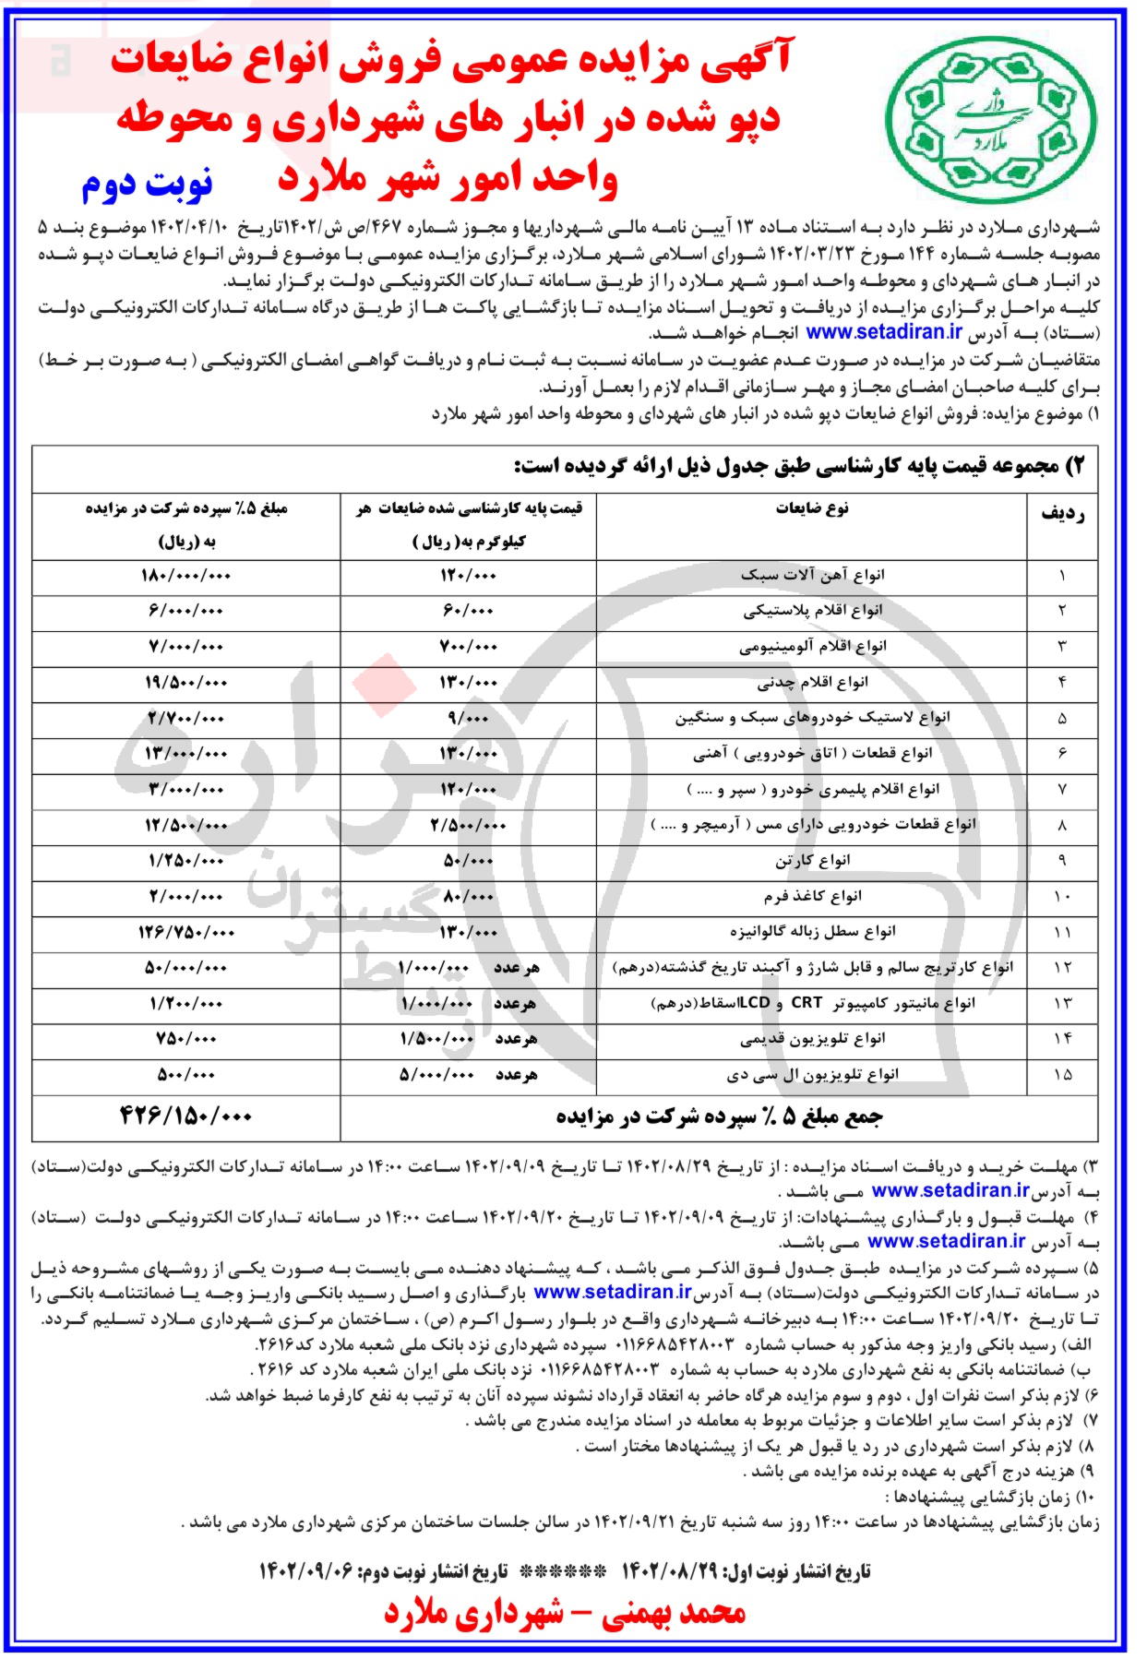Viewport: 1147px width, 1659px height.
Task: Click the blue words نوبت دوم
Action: coord(148,183)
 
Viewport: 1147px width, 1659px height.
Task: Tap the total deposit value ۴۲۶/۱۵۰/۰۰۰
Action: coord(185,1116)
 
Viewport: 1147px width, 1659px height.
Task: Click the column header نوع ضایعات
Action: coord(812,508)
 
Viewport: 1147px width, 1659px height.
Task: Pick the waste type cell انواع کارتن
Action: coord(812,861)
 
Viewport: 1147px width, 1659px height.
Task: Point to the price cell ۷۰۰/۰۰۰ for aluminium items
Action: coord(469,647)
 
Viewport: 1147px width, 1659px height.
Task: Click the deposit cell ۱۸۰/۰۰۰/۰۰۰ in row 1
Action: coord(185,575)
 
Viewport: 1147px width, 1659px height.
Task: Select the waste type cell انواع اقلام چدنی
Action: coord(812,683)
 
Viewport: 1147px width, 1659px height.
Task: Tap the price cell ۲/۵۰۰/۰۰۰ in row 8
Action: coord(469,825)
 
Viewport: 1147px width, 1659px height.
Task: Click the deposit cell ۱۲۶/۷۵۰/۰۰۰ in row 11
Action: coord(185,932)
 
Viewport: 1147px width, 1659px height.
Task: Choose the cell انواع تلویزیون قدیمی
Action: coord(812,1039)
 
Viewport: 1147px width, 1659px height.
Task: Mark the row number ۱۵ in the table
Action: coord(1062,1075)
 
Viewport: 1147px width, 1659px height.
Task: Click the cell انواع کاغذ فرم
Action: coord(812,896)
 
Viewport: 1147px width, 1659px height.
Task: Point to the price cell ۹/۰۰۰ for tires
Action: coord(469,718)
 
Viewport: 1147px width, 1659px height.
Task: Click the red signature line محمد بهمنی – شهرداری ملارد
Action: coord(565,1612)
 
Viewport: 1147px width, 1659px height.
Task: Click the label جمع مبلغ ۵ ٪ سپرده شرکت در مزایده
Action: coord(719,1116)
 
